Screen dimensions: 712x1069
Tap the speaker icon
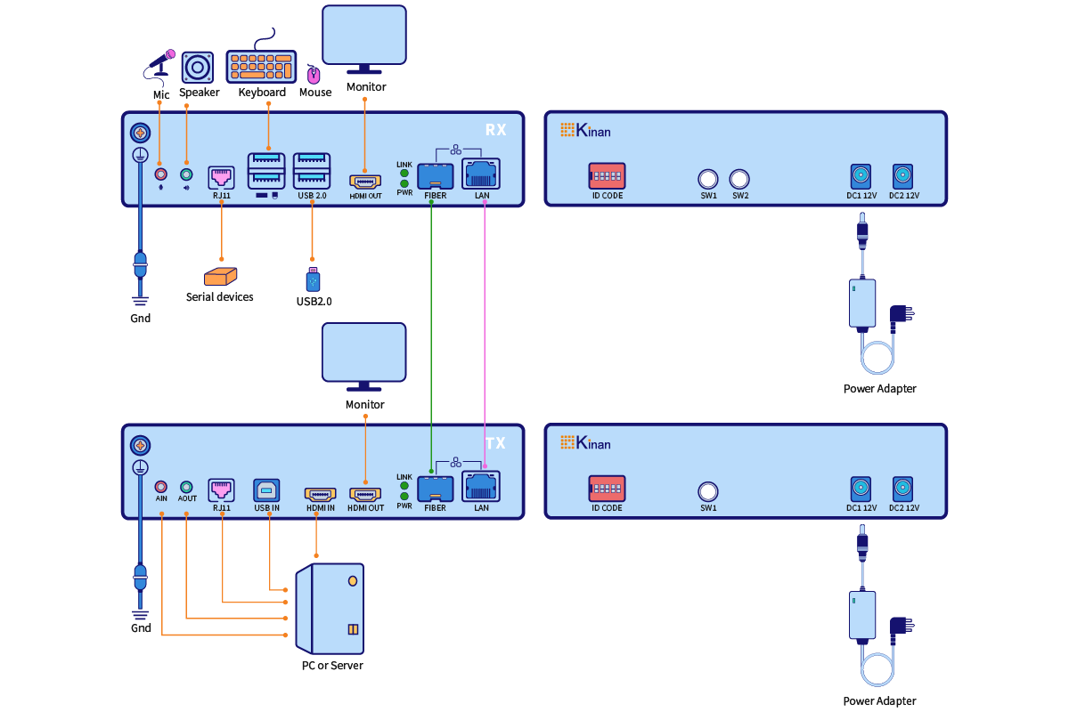click(x=198, y=68)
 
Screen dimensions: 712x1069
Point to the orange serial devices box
click(x=220, y=277)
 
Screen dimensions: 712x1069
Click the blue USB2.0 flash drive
click(x=312, y=279)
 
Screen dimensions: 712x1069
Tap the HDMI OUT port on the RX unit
click(x=365, y=181)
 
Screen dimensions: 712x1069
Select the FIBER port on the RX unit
click(x=436, y=175)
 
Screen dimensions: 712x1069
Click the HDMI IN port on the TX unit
click(x=320, y=493)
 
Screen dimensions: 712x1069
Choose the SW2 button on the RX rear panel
click(x=739, y=178)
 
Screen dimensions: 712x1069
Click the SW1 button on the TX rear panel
click(x=708, y=490)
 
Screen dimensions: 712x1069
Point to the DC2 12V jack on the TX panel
click(x=902, y=488)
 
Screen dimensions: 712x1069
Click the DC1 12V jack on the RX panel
click(x=861, y=175)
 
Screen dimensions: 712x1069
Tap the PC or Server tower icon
click(x=331, y=608)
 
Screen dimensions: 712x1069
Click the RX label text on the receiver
click(x=495, y=130)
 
